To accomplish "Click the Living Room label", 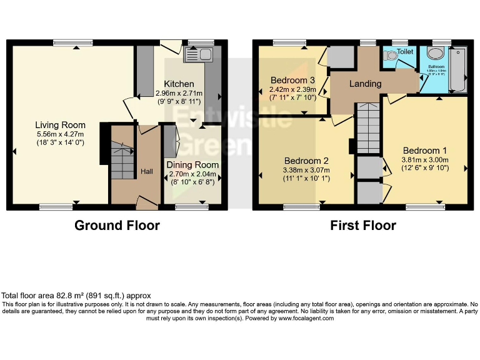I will (60, 125).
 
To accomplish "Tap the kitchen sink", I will (198, 55).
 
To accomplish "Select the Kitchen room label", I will (179, 84).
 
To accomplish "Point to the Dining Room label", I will (192, 165).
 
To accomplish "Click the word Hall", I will (146, 171).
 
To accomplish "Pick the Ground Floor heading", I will (117, 226).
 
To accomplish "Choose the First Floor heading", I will (363, 226).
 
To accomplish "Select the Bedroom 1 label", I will (424, 150).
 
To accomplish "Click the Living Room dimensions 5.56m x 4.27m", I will (60, 134).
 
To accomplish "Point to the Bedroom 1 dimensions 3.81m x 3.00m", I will (424, 159).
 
